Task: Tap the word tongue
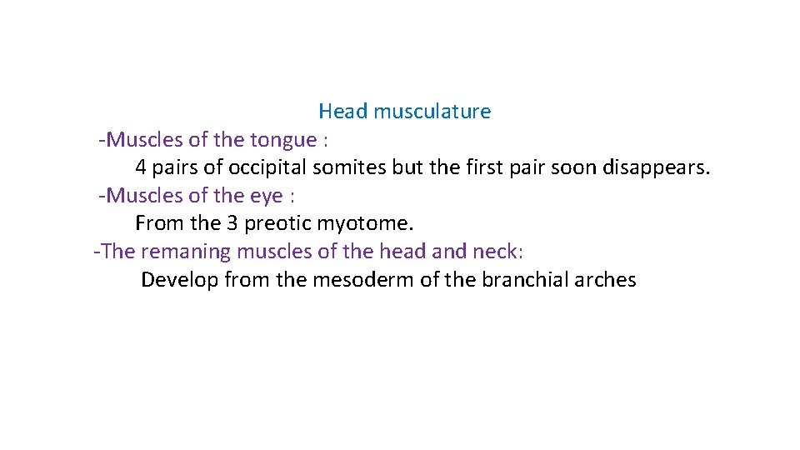tap(283, 140)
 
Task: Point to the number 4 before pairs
tap(141, 167)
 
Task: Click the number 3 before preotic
tap(232, 223)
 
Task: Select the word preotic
tap(277, 223)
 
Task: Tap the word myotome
tap(365, 223)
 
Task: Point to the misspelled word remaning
tap(182, 252)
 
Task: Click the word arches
tap(606, 280)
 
